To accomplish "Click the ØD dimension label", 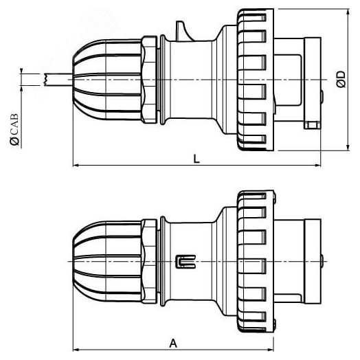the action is (341, 80).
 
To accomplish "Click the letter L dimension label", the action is (196, 159).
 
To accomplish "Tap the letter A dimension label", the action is (173, 344).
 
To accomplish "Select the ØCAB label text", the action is (14, 129).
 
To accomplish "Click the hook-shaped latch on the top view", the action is (183, 31).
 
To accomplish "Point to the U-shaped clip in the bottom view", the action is (185, 261).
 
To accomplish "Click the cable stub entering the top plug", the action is (58, 80).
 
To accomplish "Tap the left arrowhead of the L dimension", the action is (76, 165).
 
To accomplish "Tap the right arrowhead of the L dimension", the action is (317, 165).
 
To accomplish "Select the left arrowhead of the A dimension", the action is (76, 350).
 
